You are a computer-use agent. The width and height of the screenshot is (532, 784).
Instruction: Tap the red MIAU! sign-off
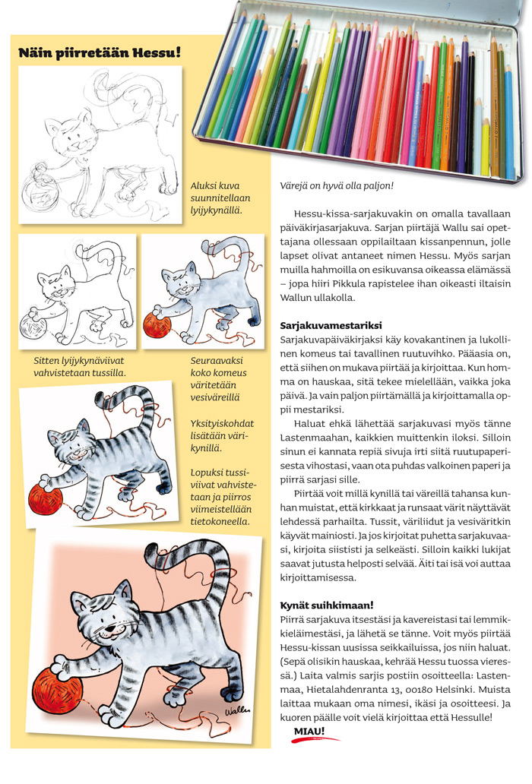click(309, 732)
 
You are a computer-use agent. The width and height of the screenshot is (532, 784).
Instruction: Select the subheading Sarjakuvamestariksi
click(331, 325)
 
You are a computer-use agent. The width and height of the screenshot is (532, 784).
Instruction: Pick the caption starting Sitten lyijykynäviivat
click(79, 366)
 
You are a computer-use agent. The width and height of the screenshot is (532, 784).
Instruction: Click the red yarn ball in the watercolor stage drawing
click(157, 325)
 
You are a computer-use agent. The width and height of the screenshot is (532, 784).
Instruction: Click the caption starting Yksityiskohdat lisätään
click(220, 435)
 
